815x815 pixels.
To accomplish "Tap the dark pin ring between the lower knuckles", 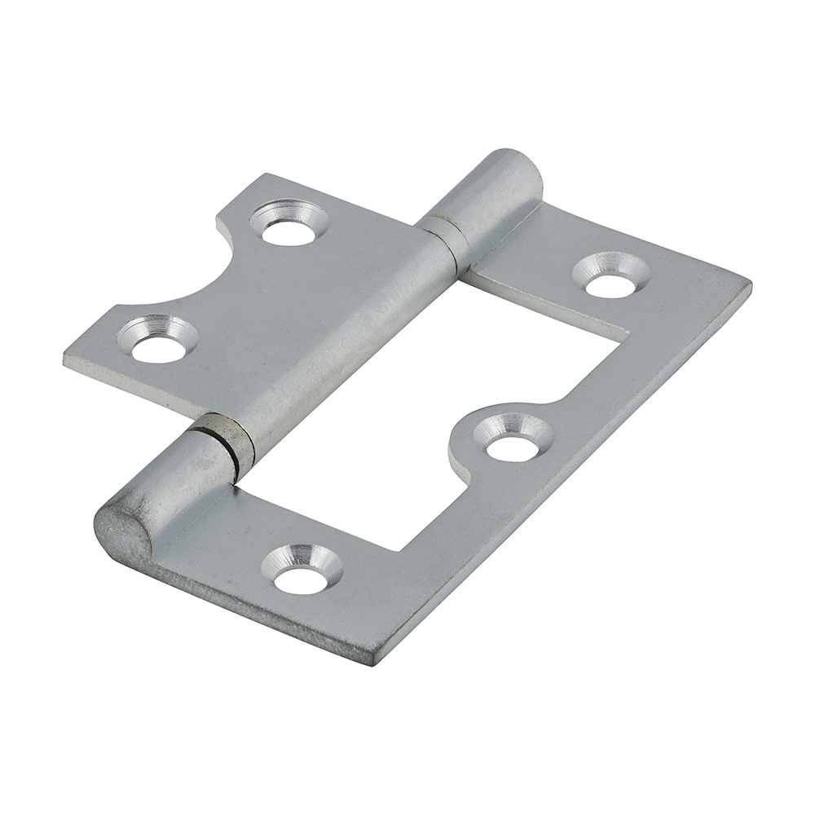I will [x=223, y=443].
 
